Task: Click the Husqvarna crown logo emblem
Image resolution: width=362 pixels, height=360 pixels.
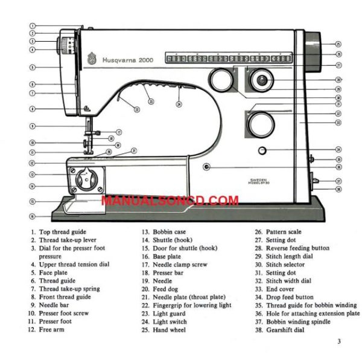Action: click(x=93, y=58)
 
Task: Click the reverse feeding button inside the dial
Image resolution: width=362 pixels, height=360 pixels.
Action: click(x=261, y=79)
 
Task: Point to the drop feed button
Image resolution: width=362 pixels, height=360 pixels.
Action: click(x=261, y=149)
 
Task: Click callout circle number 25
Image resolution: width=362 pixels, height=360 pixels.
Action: click(x=338, y=44)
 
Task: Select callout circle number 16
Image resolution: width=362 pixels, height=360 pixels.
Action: click(x=32, y=216)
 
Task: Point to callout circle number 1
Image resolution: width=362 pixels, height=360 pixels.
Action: click(x=32, y=27)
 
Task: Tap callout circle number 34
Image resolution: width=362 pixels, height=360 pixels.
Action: click(x=338, y=149)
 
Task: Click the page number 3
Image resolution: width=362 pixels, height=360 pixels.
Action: click(x=339, y=342)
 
